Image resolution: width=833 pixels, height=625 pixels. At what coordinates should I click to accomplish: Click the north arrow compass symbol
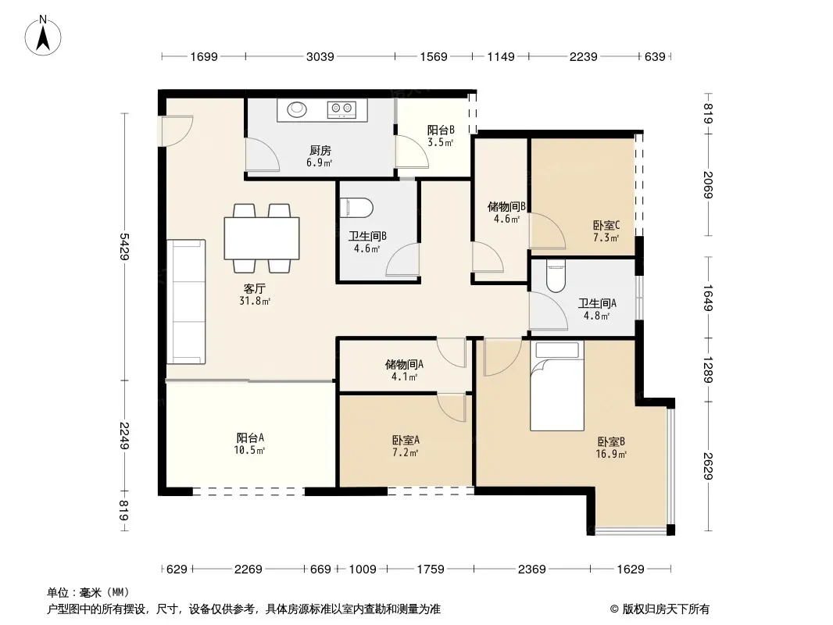[x=43, y=36]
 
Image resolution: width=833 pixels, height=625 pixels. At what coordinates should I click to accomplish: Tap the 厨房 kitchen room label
[x=320, y=150]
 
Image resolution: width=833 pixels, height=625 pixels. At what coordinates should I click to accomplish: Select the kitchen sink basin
[x=297, y=109]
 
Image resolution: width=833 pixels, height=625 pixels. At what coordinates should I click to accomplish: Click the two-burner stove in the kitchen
[x=341, y=109]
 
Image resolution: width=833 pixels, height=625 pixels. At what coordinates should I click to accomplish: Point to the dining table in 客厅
[x=262, y=238]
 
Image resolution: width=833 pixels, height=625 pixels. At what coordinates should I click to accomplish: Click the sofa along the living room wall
[x=186, y=302]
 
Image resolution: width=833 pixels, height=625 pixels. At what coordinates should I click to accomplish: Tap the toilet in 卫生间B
[x=356, y=207]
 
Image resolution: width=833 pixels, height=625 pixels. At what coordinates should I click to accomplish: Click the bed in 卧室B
[x=556, y=385]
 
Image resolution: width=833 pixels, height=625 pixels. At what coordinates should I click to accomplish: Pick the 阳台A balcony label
[x=250, y=437]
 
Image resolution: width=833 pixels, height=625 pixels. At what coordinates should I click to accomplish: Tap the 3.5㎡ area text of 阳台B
[x=441, y=142]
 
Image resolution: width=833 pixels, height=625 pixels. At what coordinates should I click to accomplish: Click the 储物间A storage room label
[x=404, y=364]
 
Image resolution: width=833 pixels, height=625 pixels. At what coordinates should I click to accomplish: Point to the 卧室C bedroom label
[x=606, y=225]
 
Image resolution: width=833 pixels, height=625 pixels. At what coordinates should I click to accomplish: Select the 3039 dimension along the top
[x=320, y=56]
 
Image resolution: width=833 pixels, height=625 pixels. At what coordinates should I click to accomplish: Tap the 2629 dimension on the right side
[x=708, y=466]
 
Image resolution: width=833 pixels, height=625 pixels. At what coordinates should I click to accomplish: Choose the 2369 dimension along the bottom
[x=532, y=570]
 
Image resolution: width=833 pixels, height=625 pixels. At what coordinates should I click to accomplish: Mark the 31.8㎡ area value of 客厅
[x=255, y=301]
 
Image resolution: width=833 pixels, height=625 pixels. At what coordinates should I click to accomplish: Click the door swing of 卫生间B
[x=402, y=259]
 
